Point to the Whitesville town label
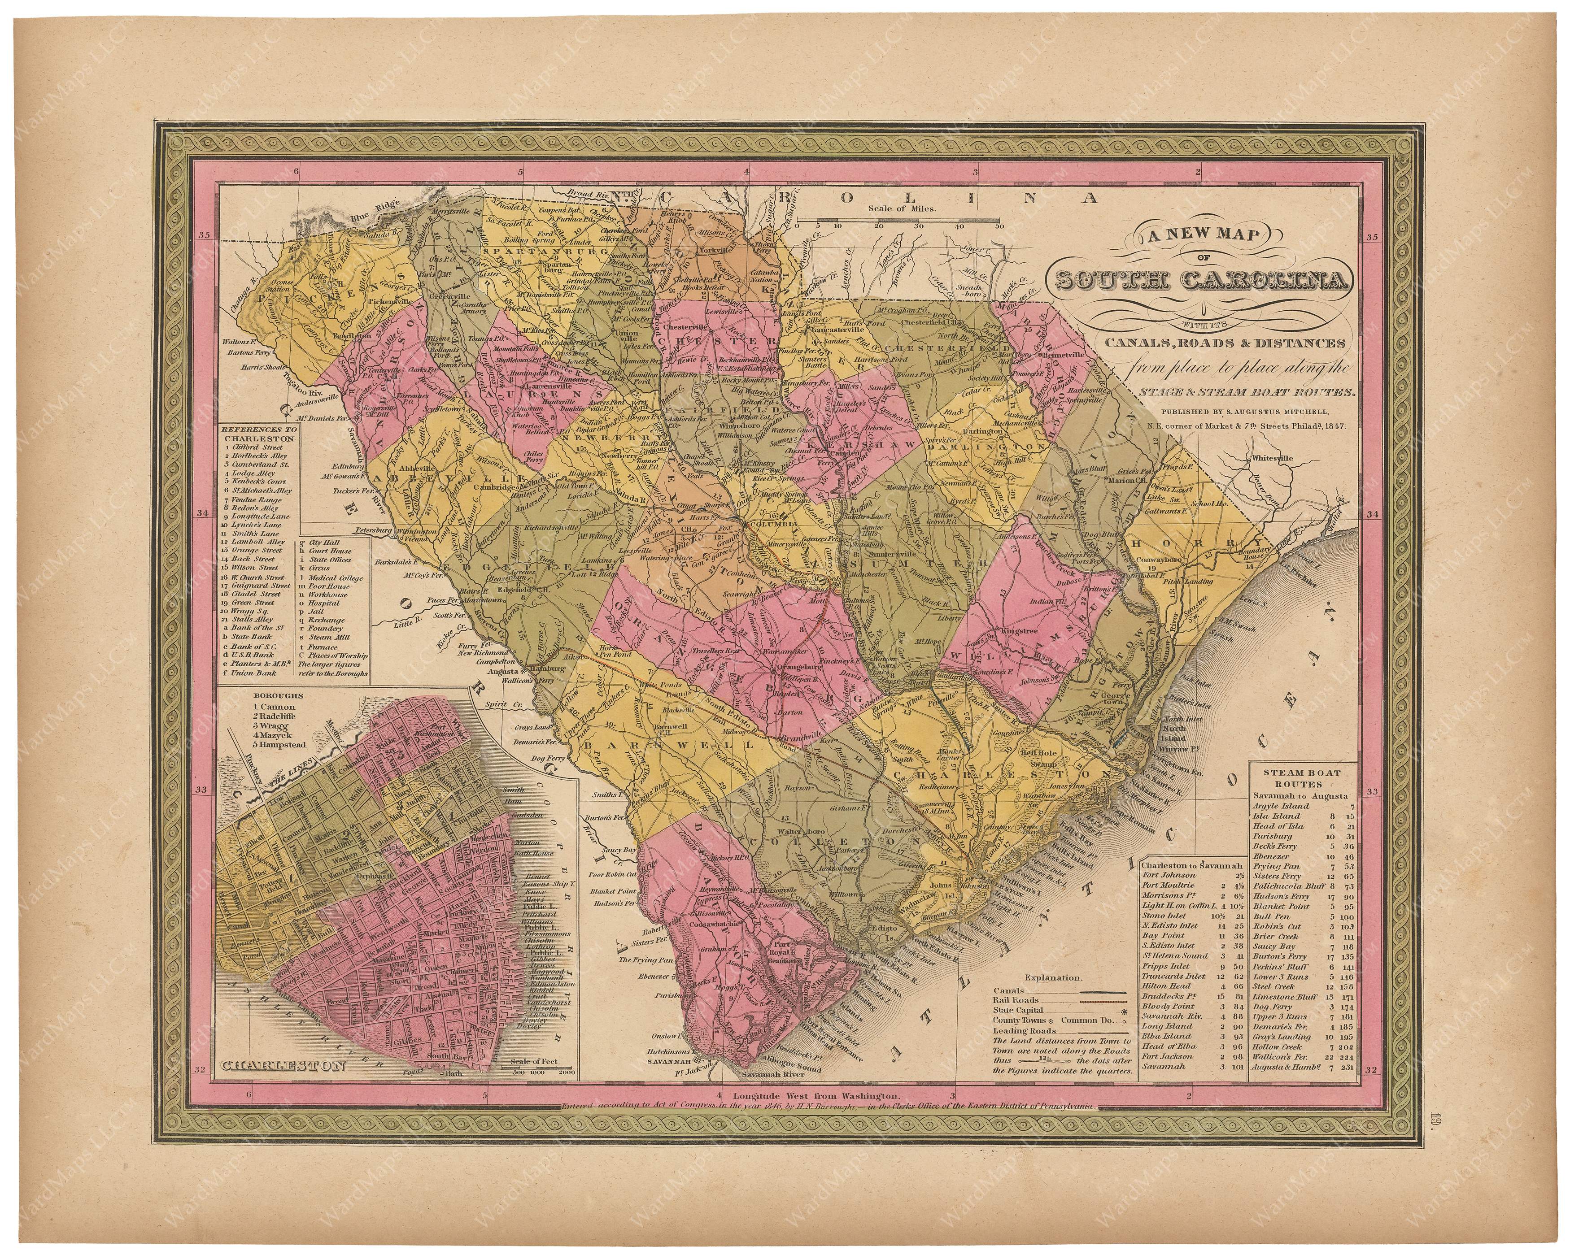[1271, 459]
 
